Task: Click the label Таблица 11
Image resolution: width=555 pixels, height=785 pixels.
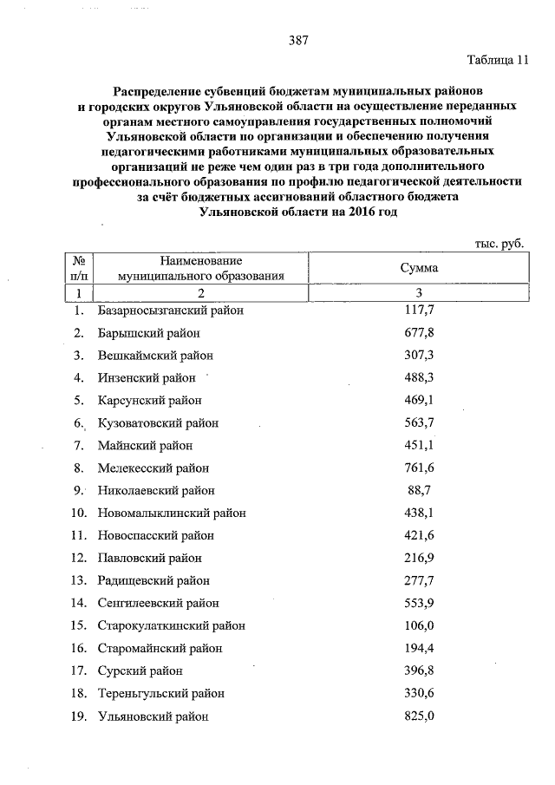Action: click(496, 62)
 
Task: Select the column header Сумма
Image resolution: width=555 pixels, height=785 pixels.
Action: click(418, 268)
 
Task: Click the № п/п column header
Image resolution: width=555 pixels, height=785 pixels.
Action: click(78, 268)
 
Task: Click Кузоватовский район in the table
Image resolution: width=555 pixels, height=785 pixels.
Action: click(158, 422)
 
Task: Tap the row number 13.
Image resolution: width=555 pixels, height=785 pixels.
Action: click(78, 580)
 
